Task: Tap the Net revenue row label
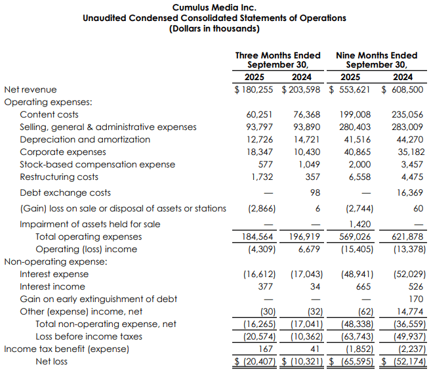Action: pos(30,89)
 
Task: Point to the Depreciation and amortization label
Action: pos(85,139)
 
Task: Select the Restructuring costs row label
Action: pos(59,177)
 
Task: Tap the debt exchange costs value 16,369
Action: pos(409,193)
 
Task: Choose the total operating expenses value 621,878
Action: pos(407,236)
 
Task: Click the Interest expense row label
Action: pos(53,274)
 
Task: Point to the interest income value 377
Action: pos(265,286)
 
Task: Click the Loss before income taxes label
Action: pos(89,336)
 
